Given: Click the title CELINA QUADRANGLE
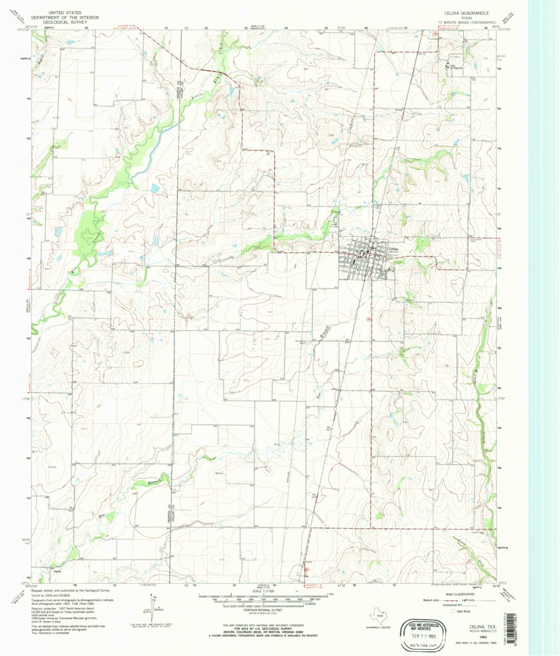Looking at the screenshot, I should (465, 12).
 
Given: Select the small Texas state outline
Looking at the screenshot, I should (375, 615).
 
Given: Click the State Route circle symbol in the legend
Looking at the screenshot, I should (454, 610).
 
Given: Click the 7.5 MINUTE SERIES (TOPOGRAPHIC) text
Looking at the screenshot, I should (465, 22).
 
